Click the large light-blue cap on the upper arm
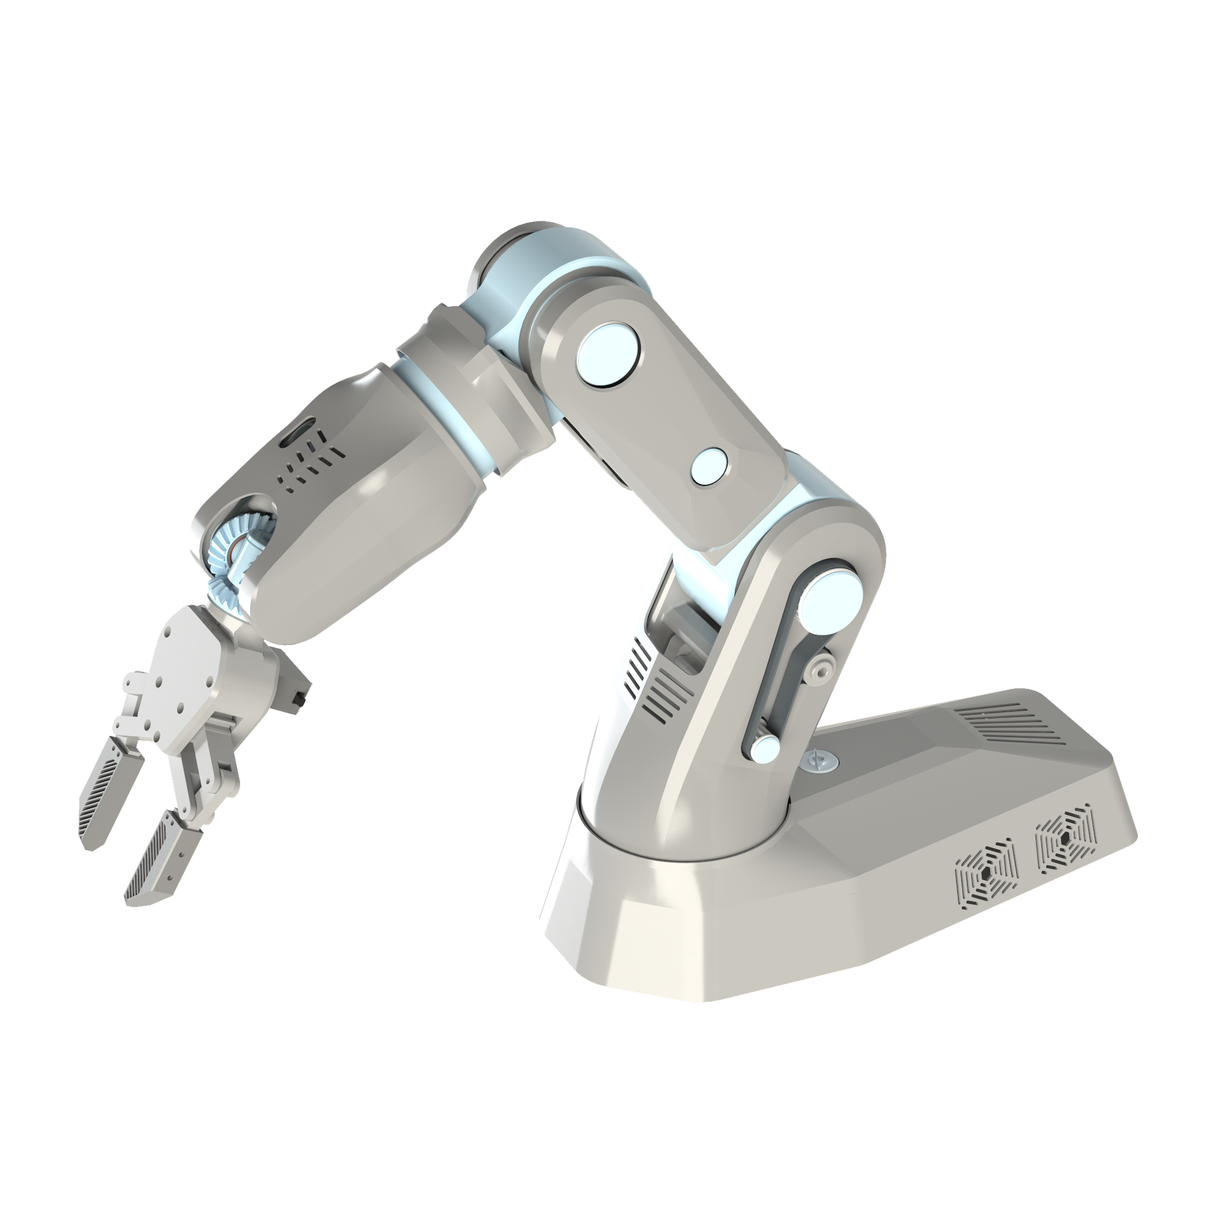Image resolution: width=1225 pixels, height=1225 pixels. coord(607,355)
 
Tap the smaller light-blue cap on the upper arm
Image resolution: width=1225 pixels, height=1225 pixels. coord(709,467)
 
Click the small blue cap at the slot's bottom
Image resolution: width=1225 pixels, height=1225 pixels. coord(765,749)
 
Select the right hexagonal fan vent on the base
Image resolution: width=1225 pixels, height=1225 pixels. coord(1065,838)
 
